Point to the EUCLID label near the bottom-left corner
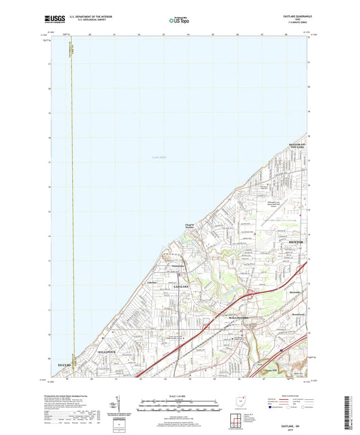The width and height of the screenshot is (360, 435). (x=65, y=365)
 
